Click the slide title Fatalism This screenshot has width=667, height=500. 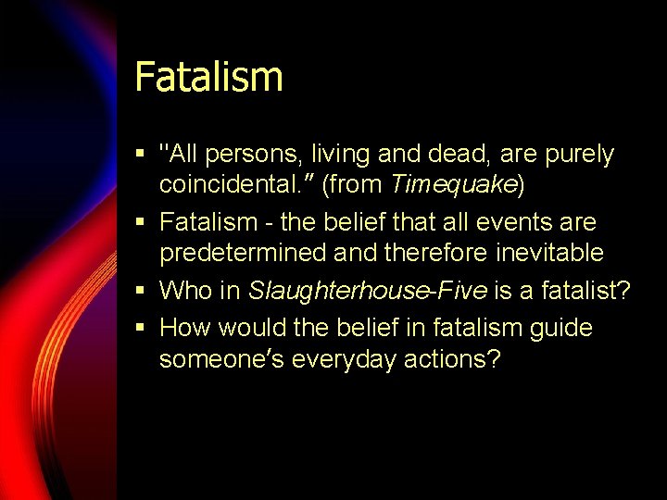(208, 76)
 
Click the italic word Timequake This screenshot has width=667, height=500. (453, 184)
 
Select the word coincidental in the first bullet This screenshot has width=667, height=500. (236, 184)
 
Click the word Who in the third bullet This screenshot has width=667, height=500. (186, 291)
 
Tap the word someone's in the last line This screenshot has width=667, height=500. (221, 359)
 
